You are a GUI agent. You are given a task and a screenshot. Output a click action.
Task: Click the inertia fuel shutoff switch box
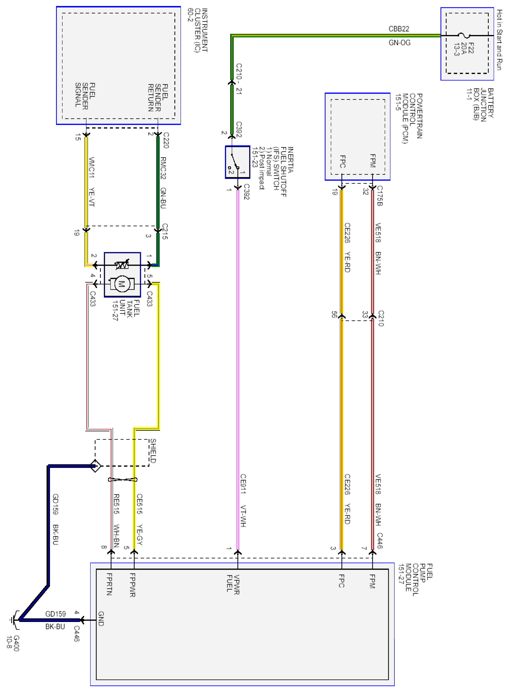237,162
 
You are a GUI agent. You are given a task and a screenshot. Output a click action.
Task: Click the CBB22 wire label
399,29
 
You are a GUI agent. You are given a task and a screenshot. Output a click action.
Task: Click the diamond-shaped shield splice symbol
95,466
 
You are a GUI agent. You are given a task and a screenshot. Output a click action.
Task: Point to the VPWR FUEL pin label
233,584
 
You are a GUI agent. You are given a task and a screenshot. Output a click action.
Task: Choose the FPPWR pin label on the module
133,585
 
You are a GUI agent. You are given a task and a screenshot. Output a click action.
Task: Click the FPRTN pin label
109,584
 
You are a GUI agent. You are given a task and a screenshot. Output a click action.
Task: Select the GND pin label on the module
101,619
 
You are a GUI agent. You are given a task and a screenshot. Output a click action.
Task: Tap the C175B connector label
380,196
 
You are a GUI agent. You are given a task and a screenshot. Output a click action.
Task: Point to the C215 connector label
165,231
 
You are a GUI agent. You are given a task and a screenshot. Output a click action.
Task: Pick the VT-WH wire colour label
243,516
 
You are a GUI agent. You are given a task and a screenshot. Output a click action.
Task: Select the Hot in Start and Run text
499,40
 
